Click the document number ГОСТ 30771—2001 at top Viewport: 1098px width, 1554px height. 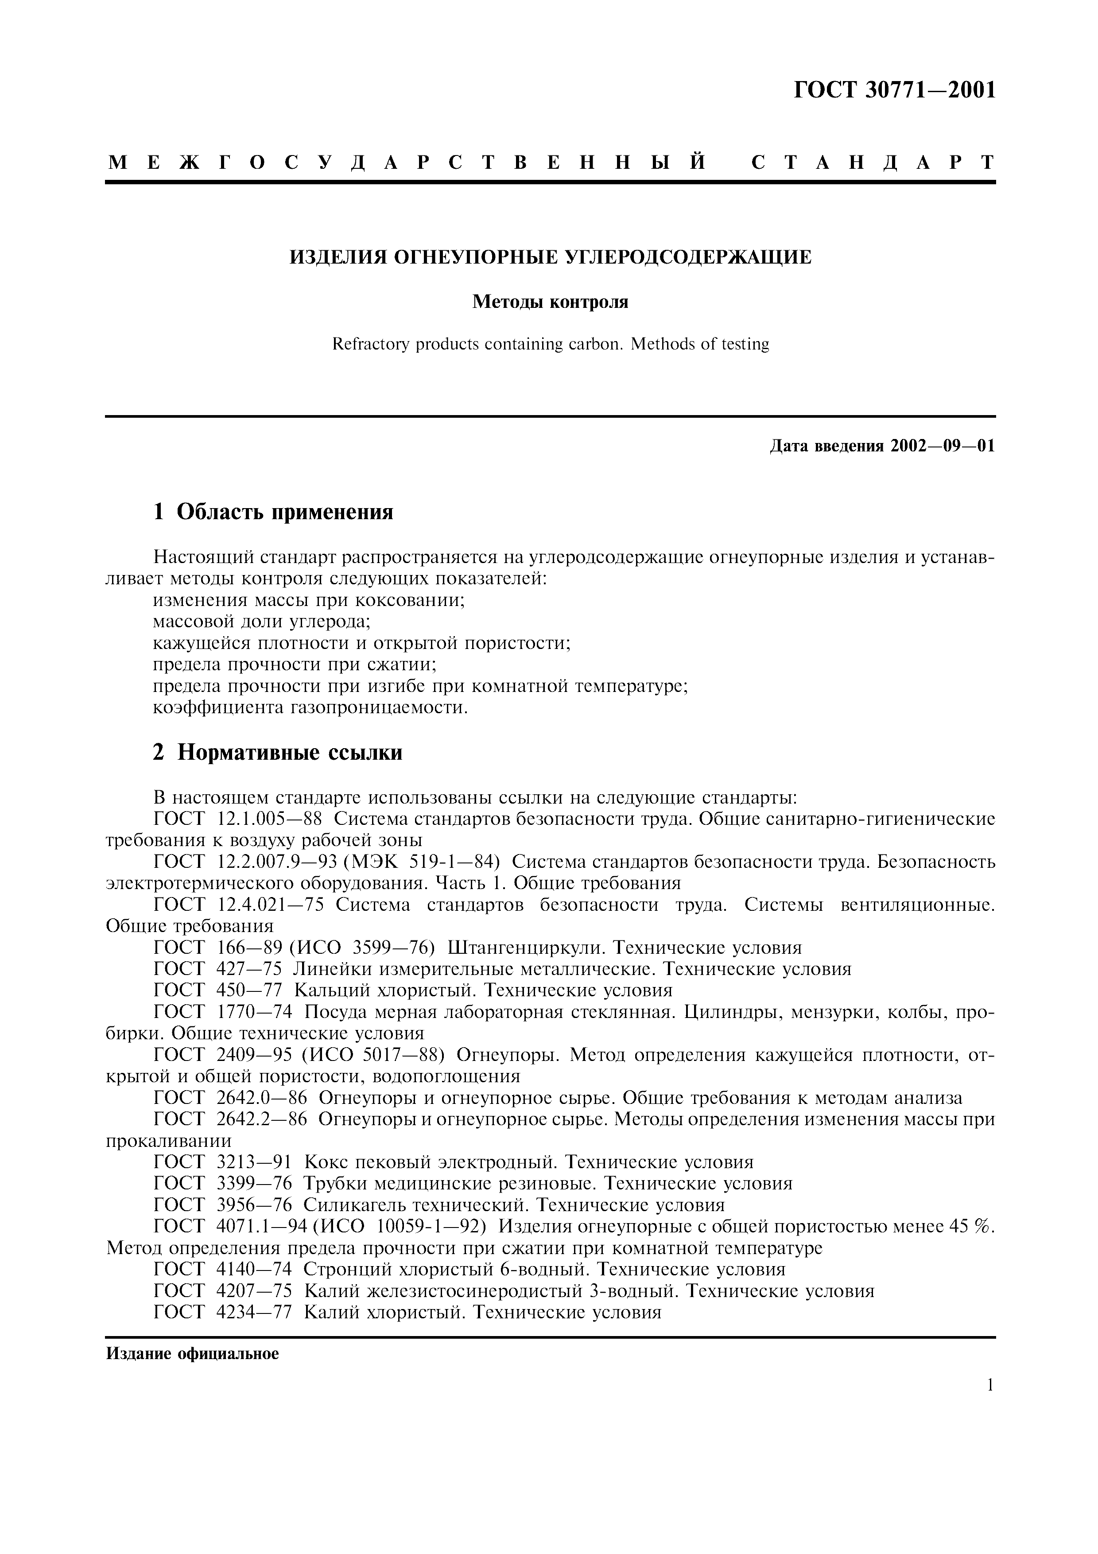point(894,90)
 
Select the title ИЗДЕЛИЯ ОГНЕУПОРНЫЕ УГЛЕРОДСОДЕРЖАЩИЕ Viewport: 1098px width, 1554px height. point(550,257)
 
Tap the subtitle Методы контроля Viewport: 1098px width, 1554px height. point(550,302)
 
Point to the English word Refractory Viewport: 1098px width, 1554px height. point(370,345)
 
